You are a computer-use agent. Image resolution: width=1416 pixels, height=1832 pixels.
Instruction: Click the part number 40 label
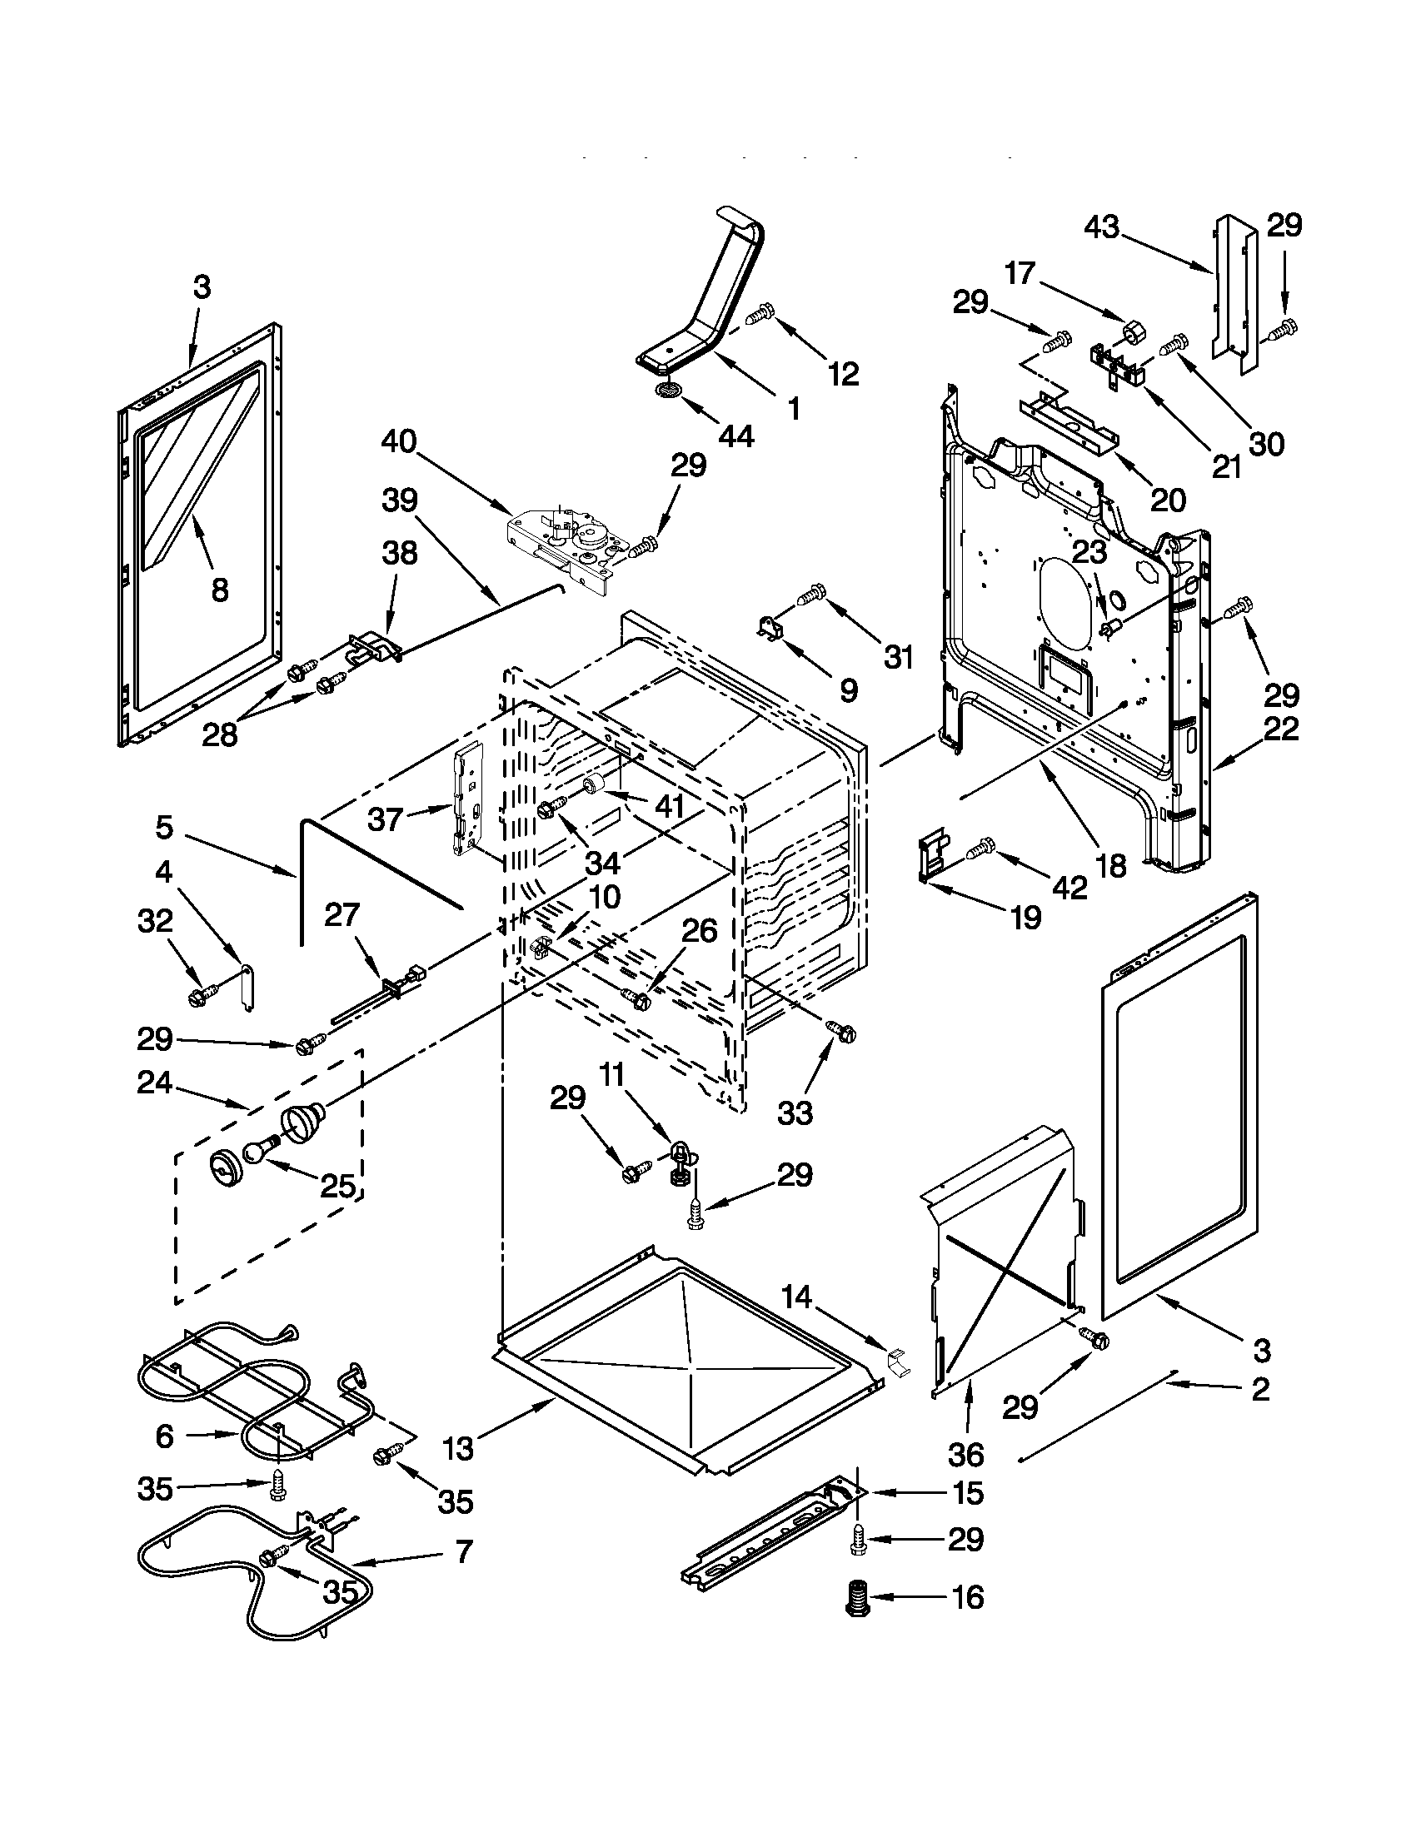coord(398,441)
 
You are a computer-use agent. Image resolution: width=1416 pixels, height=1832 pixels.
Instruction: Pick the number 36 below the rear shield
coord(967,1453)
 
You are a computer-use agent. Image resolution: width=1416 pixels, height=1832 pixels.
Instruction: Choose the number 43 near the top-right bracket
coord(1101,227)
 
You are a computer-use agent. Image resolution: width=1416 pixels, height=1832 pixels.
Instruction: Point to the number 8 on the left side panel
coord(219,590)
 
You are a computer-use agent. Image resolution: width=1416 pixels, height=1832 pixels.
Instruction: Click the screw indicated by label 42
coord(981,849)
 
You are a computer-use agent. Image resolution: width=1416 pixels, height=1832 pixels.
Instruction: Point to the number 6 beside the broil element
coord(164,1436)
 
